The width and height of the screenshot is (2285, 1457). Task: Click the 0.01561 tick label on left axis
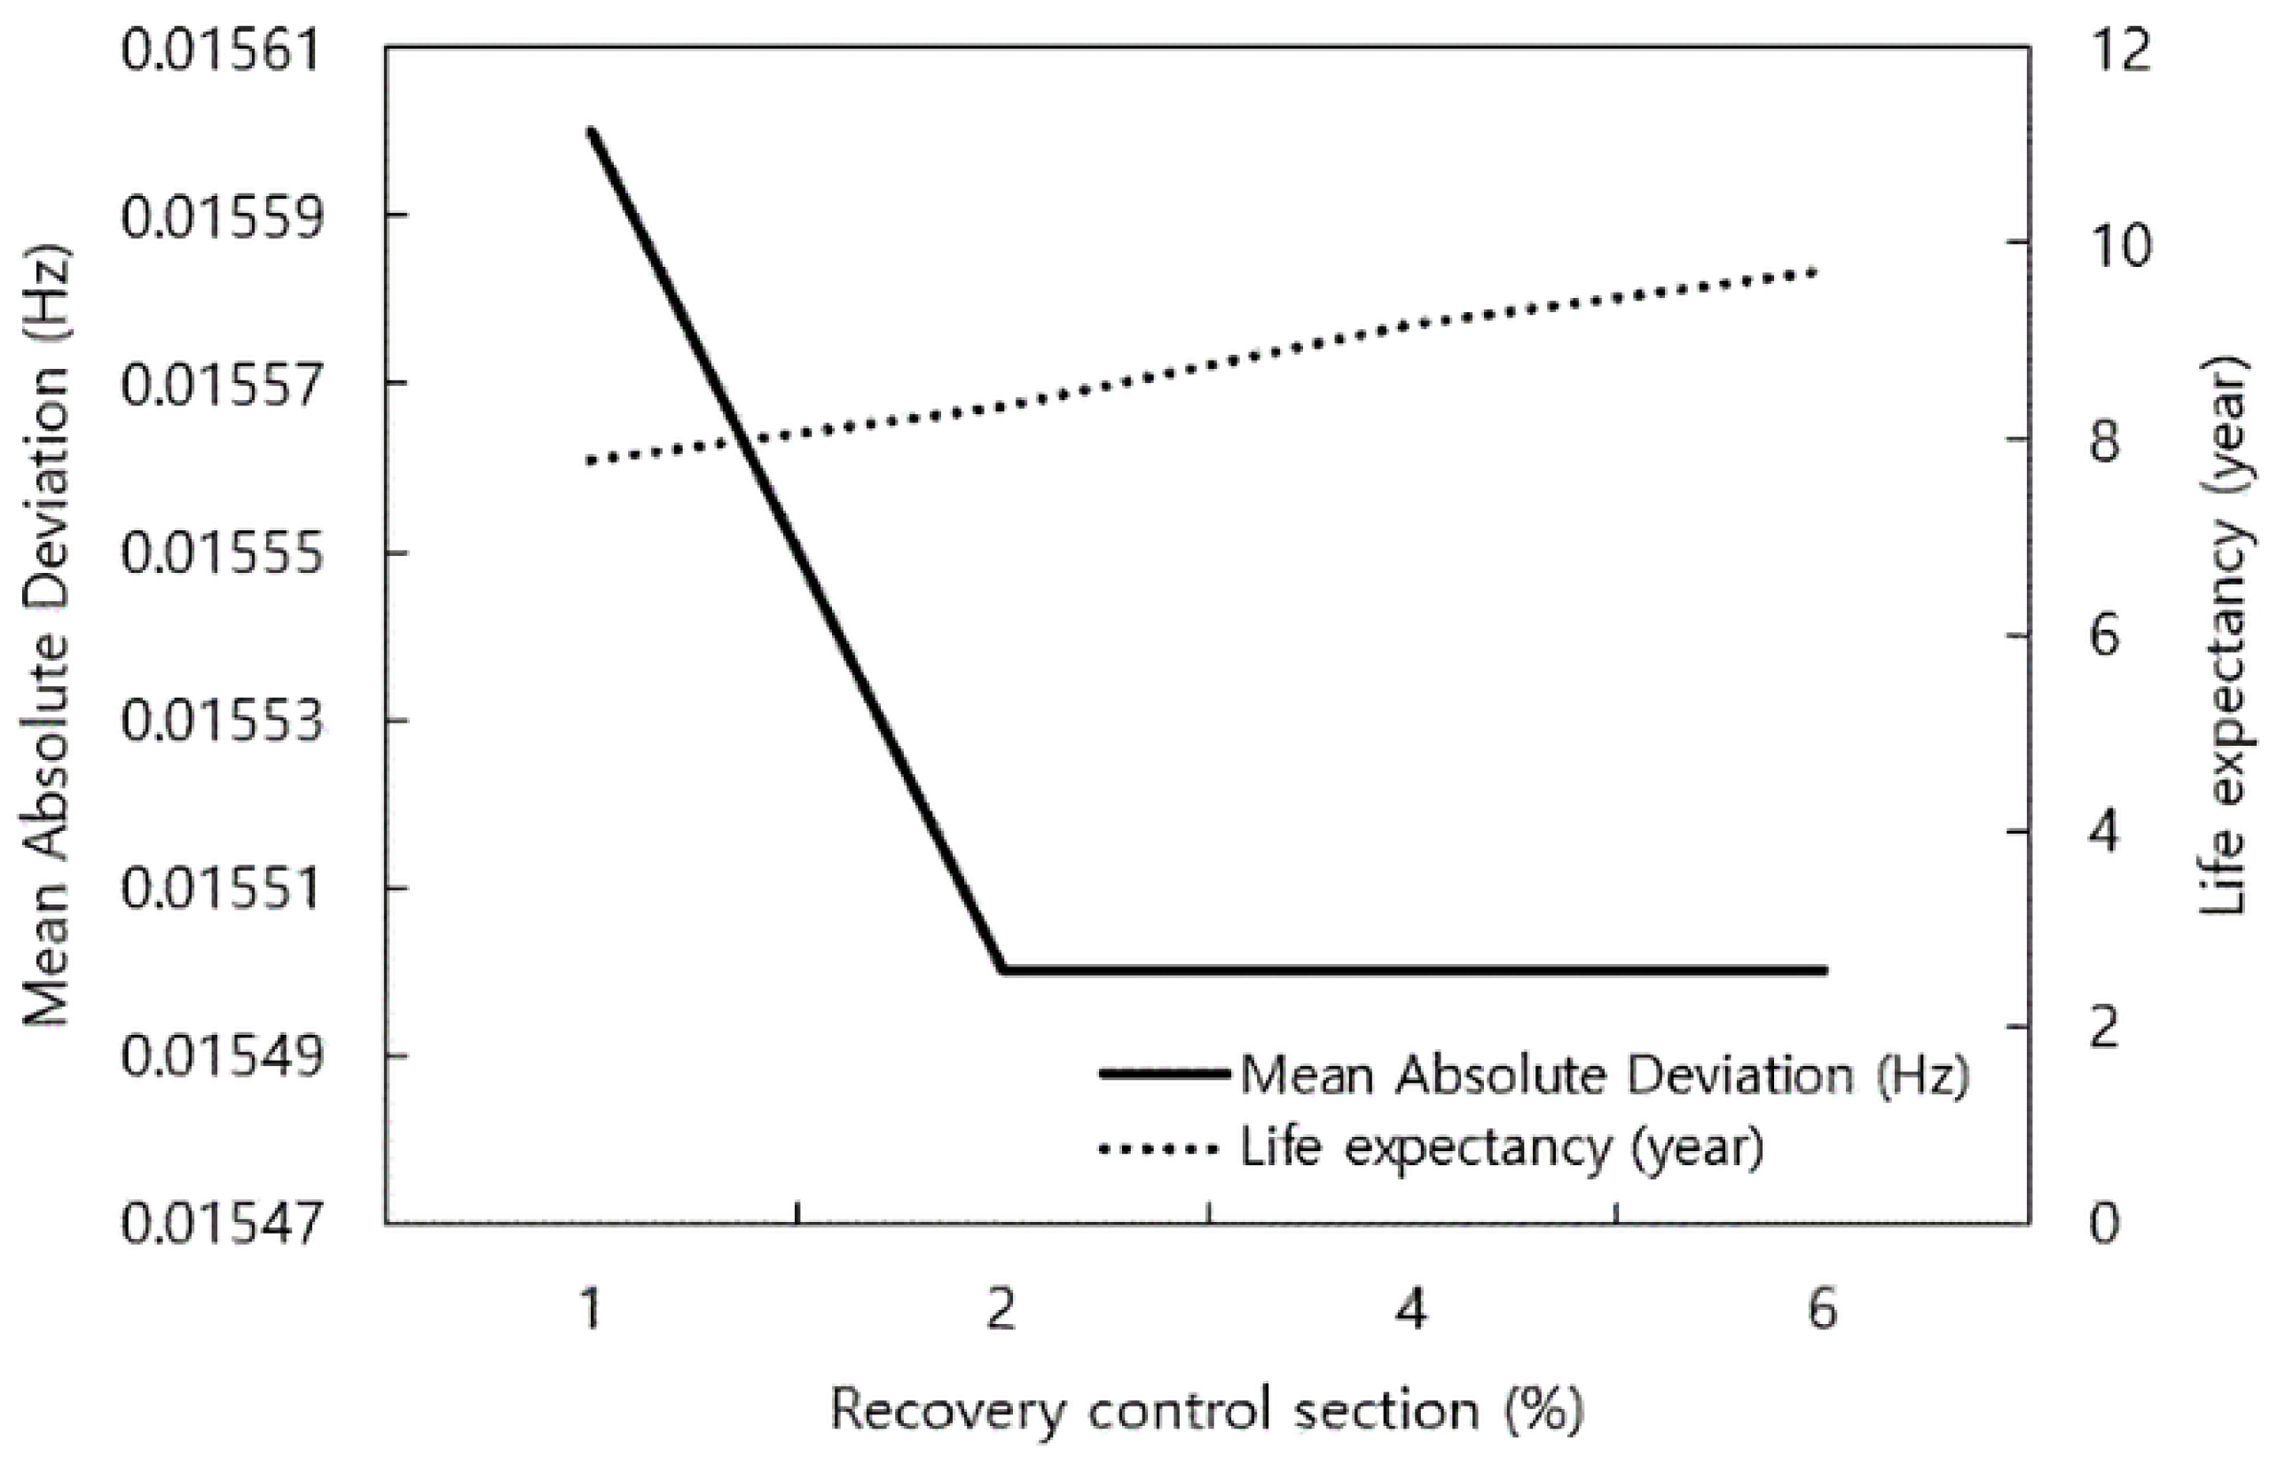click(220, 50)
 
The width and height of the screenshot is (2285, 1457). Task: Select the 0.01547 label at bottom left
click(220, 1225)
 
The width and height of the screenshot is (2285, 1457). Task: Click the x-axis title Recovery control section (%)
click(1207, 1411)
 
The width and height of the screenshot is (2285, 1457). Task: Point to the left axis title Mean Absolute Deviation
click(47, 636)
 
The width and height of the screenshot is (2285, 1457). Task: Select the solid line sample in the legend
click(1166, 1074)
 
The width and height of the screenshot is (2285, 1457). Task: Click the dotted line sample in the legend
click(1158, 1149)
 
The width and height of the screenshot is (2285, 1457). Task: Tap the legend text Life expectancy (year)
click(1502, 1148)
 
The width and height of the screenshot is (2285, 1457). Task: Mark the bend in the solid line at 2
click(1002, 969)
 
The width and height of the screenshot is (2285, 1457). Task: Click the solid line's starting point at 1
click(591, 133)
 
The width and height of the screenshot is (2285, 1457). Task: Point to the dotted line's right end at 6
click(1814, 272)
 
